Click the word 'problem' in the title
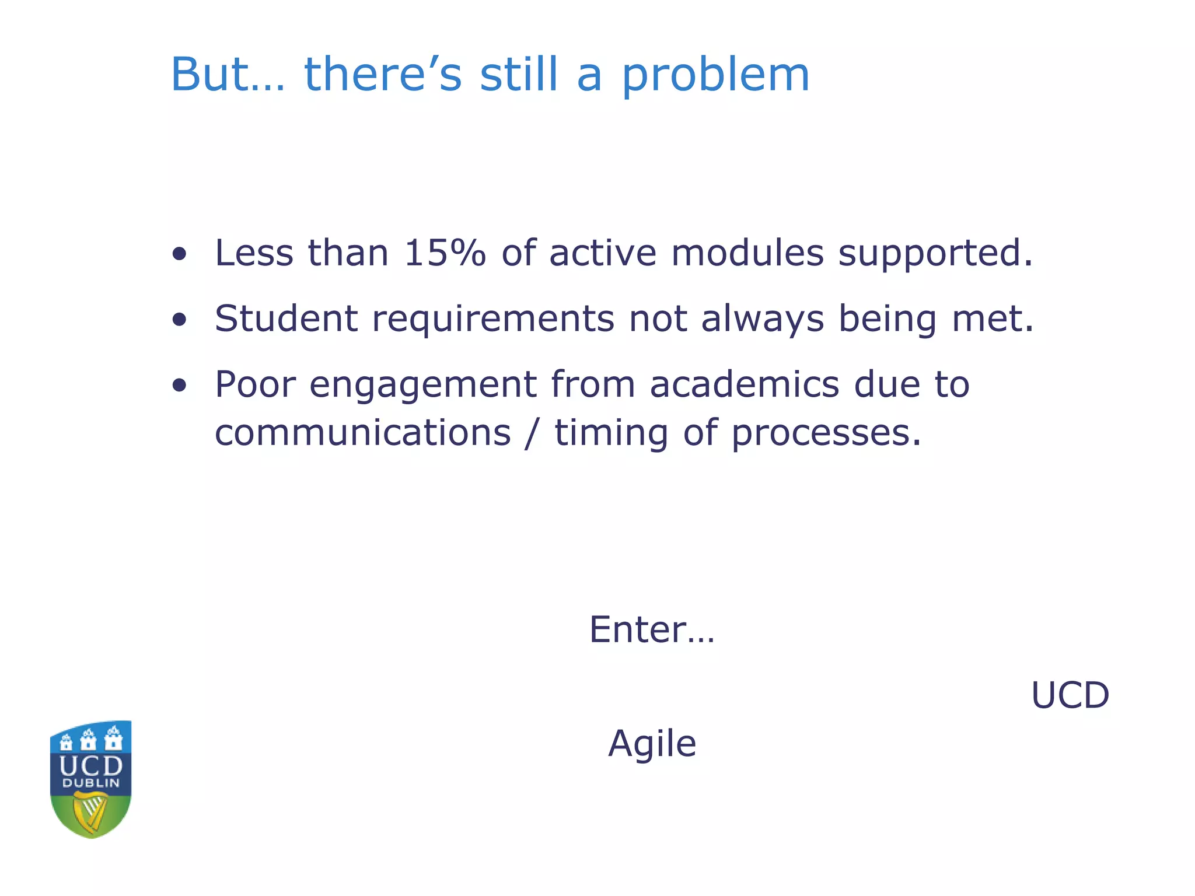715,76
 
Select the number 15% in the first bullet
445,253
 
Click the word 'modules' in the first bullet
747,253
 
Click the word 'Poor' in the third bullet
255,384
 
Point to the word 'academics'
745,384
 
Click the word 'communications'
362,433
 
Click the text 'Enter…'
652,629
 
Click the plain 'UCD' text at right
1070,695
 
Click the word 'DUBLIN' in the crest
90,783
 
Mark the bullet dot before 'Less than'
180,254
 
